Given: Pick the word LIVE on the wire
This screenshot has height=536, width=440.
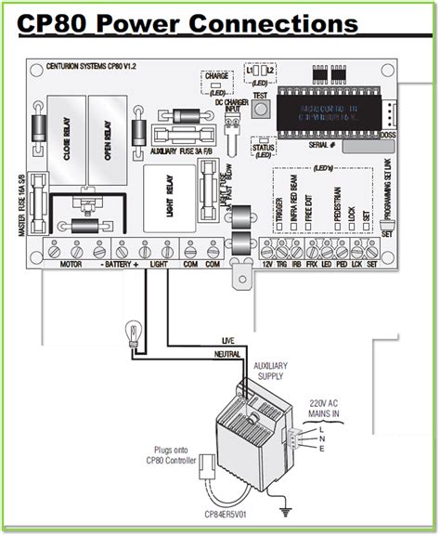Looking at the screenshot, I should click(x=231, y=341).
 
